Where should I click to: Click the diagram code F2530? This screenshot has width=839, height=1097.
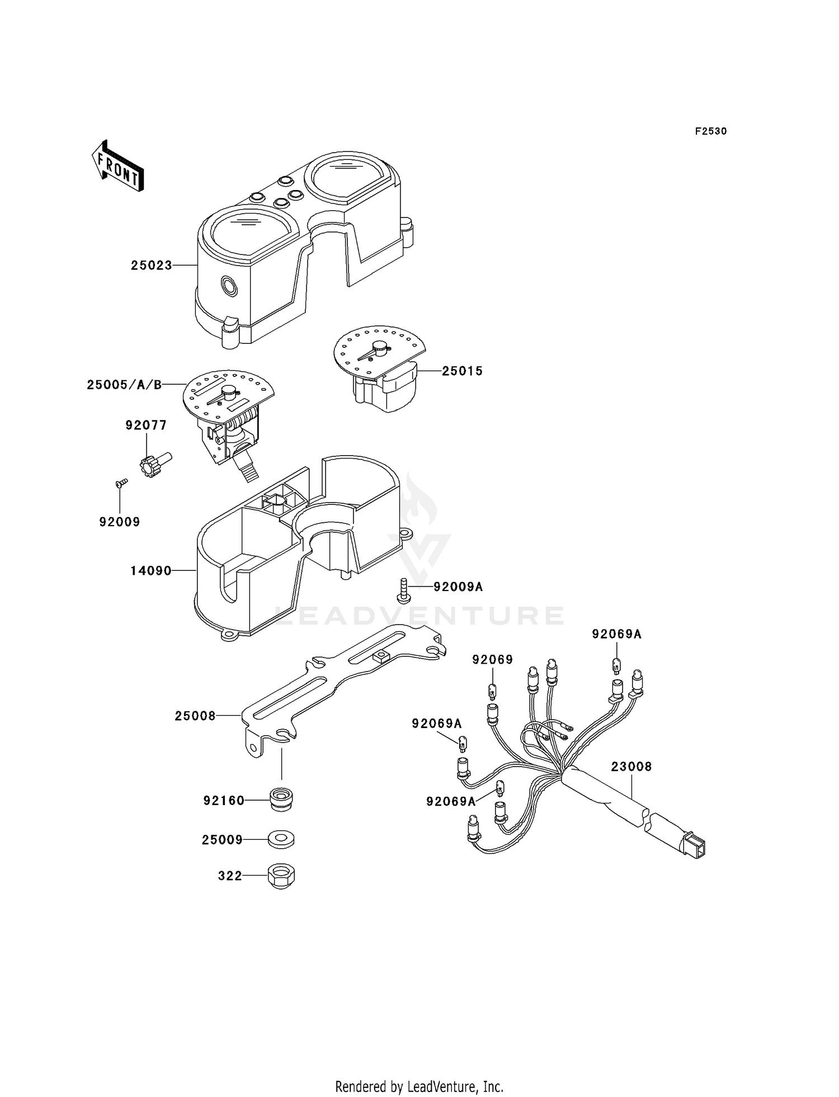[711, 131]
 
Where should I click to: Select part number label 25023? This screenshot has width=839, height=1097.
[152, 266]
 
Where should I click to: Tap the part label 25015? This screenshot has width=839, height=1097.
[463, 371]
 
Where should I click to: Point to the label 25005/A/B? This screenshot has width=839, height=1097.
[124, 385]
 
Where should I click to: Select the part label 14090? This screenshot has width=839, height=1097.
[151, 571]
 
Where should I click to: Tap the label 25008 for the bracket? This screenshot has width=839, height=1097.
[195, 716]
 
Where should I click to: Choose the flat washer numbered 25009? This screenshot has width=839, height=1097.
[281, 839]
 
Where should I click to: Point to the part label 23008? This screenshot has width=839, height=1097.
[631, 767]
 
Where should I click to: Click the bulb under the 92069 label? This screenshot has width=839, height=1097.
[492, 692]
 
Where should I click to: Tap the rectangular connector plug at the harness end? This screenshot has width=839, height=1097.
[693, 846]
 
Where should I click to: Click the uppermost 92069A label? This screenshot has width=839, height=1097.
[617, 634]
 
